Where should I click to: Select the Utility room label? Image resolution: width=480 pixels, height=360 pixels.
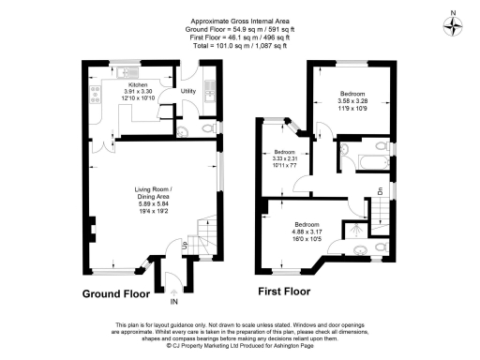[187, 91]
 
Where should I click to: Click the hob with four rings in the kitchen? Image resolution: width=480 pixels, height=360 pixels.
[97, 92]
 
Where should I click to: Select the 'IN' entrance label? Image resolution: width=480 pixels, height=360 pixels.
[173, 302]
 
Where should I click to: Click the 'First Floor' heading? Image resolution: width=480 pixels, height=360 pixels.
[283, 292]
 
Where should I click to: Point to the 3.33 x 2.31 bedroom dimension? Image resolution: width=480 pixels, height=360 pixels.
[284, 157]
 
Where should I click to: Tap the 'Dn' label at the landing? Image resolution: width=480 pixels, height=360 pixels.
[381, 191]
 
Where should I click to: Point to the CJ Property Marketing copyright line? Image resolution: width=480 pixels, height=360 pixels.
[240, 346]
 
